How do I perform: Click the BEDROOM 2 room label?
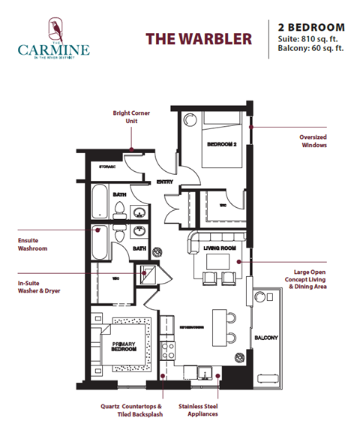221,145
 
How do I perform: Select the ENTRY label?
165,182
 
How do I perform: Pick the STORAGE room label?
108,167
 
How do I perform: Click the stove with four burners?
169,350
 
